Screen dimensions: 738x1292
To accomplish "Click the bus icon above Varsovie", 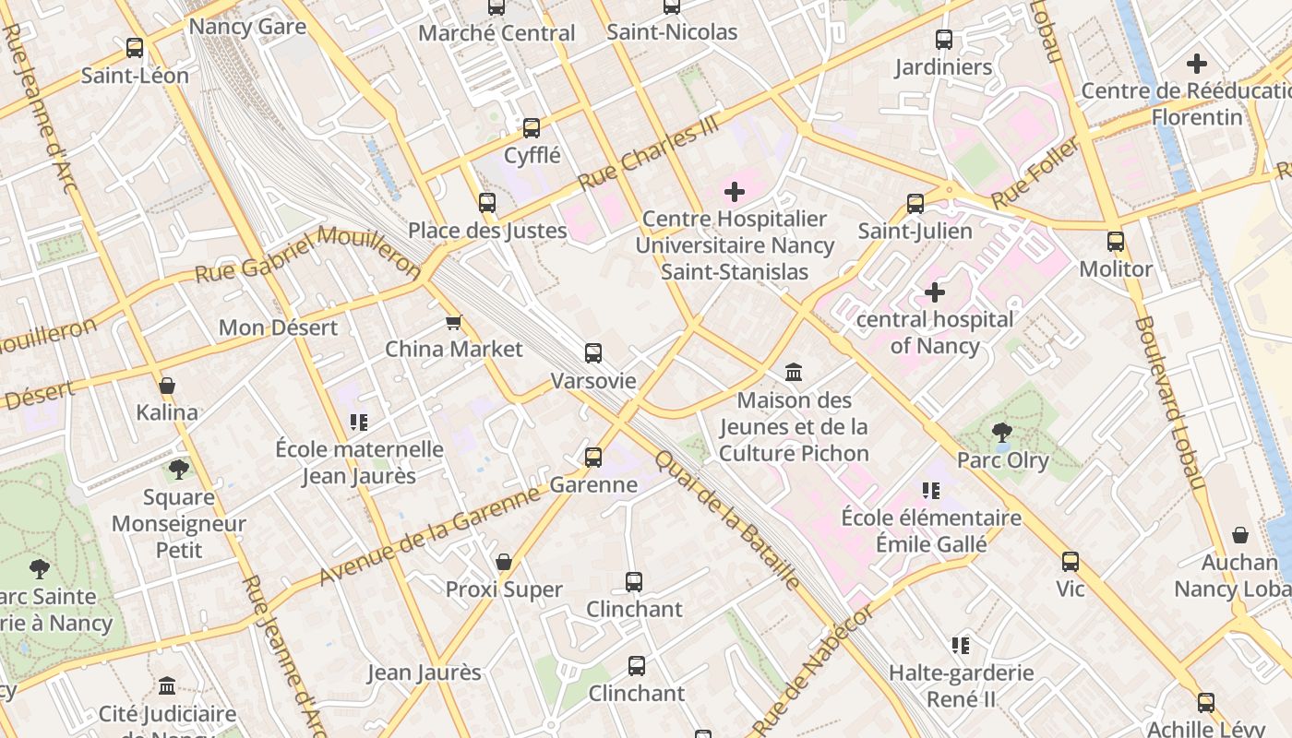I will coord(592,352).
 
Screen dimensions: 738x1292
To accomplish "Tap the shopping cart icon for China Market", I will coord(453,322).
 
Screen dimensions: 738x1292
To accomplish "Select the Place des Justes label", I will coord(487,230).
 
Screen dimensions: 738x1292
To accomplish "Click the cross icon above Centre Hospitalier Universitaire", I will coord(735,192).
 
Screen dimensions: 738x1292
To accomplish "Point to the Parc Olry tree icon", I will coord(1001,432).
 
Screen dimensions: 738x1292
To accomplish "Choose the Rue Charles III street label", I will coord(648,154).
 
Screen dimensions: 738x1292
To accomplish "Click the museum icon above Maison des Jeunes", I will coord(794,372).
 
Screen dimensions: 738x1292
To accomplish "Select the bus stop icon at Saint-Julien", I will coord(915,203).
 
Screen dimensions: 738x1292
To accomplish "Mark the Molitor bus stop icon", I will coord(1116,242).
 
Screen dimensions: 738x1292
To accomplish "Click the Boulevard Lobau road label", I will coord(1169,403).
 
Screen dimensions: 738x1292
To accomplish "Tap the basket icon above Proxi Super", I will coord(503,562).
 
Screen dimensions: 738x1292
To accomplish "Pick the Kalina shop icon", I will coord(167,385).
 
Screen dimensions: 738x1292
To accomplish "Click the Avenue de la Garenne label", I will coord(429,536).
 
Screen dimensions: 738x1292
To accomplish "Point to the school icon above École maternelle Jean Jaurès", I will coord(359,423).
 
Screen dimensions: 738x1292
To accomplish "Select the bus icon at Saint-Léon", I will coord(135,47).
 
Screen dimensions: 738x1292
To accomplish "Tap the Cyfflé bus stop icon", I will coord(532,127).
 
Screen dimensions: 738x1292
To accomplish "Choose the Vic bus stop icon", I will coord(1071,561).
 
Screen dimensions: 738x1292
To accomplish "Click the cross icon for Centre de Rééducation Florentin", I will coord(1197,64).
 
